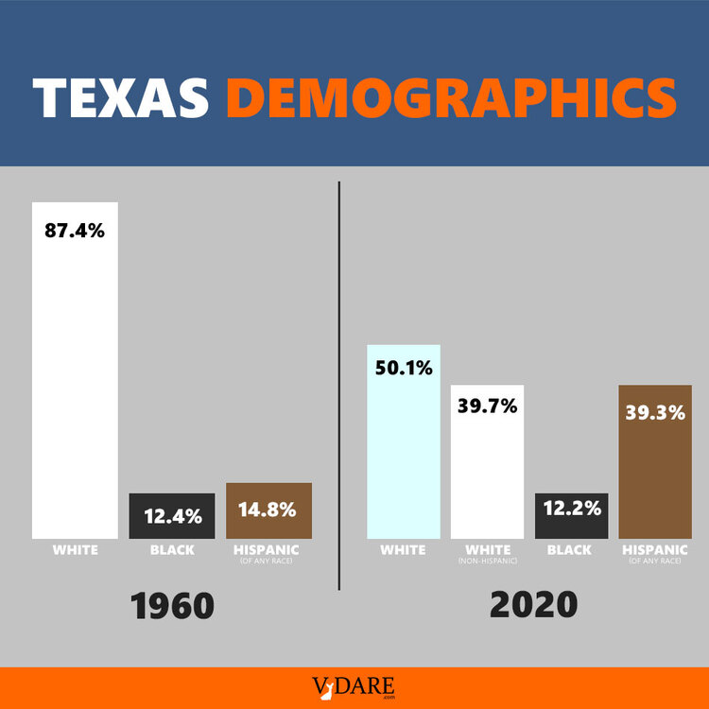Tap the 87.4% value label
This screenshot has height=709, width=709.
(x=75, y=231)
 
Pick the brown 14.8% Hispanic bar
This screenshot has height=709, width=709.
(x=268, y=510)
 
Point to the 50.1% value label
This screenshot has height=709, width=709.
(x=403, y=368)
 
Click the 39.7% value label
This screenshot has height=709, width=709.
(x=487, y=407)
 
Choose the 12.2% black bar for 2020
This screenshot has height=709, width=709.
(x=571, y=516)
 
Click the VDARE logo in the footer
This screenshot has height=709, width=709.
(x=354, y=687)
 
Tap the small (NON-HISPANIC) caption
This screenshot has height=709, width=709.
(x=488, y=562)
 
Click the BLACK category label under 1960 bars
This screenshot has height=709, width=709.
(x=171, y=550)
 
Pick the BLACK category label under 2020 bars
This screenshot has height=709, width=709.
(x=571, y=550)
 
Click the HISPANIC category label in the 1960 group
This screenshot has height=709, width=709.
(x=268, y=550)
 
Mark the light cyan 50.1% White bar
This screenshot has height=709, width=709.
(x=403, y=454)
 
